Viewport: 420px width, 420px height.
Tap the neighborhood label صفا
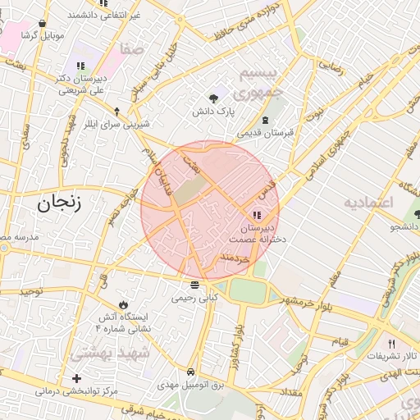pyautogui.click(x=131, y=49)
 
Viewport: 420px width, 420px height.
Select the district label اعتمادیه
pyautogui.click(x=369, y=202)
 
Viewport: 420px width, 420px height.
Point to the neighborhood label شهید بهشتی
pyautogui.click(x=109, y=354)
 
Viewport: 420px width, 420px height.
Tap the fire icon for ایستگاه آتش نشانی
pyautogui.click(x=124, y=304)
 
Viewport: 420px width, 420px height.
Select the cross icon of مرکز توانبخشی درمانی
pyautogui.click(x=76, y=378)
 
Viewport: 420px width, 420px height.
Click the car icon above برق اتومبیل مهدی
pyautogui.click(x=191, y=372)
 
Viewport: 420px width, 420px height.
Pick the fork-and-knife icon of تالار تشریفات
pyautogui.click(x=390, y=344)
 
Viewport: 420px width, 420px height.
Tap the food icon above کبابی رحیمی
pyautogui.click(x=194, y=285)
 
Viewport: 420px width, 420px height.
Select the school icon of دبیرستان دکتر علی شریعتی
pyautogui.click(x=80, y=66)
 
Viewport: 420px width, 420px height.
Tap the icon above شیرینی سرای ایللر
pyautogui.click(x=117, y=111)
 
